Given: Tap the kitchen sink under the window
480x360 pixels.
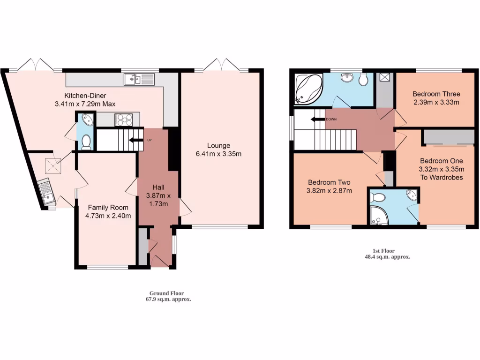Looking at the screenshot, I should [140, 80].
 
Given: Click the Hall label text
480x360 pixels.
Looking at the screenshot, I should [158, 187].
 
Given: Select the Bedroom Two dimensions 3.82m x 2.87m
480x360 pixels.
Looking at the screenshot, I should [329, 190].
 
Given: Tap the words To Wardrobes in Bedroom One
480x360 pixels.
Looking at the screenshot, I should [442, 177].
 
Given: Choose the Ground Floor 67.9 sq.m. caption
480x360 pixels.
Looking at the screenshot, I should [167, 296].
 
